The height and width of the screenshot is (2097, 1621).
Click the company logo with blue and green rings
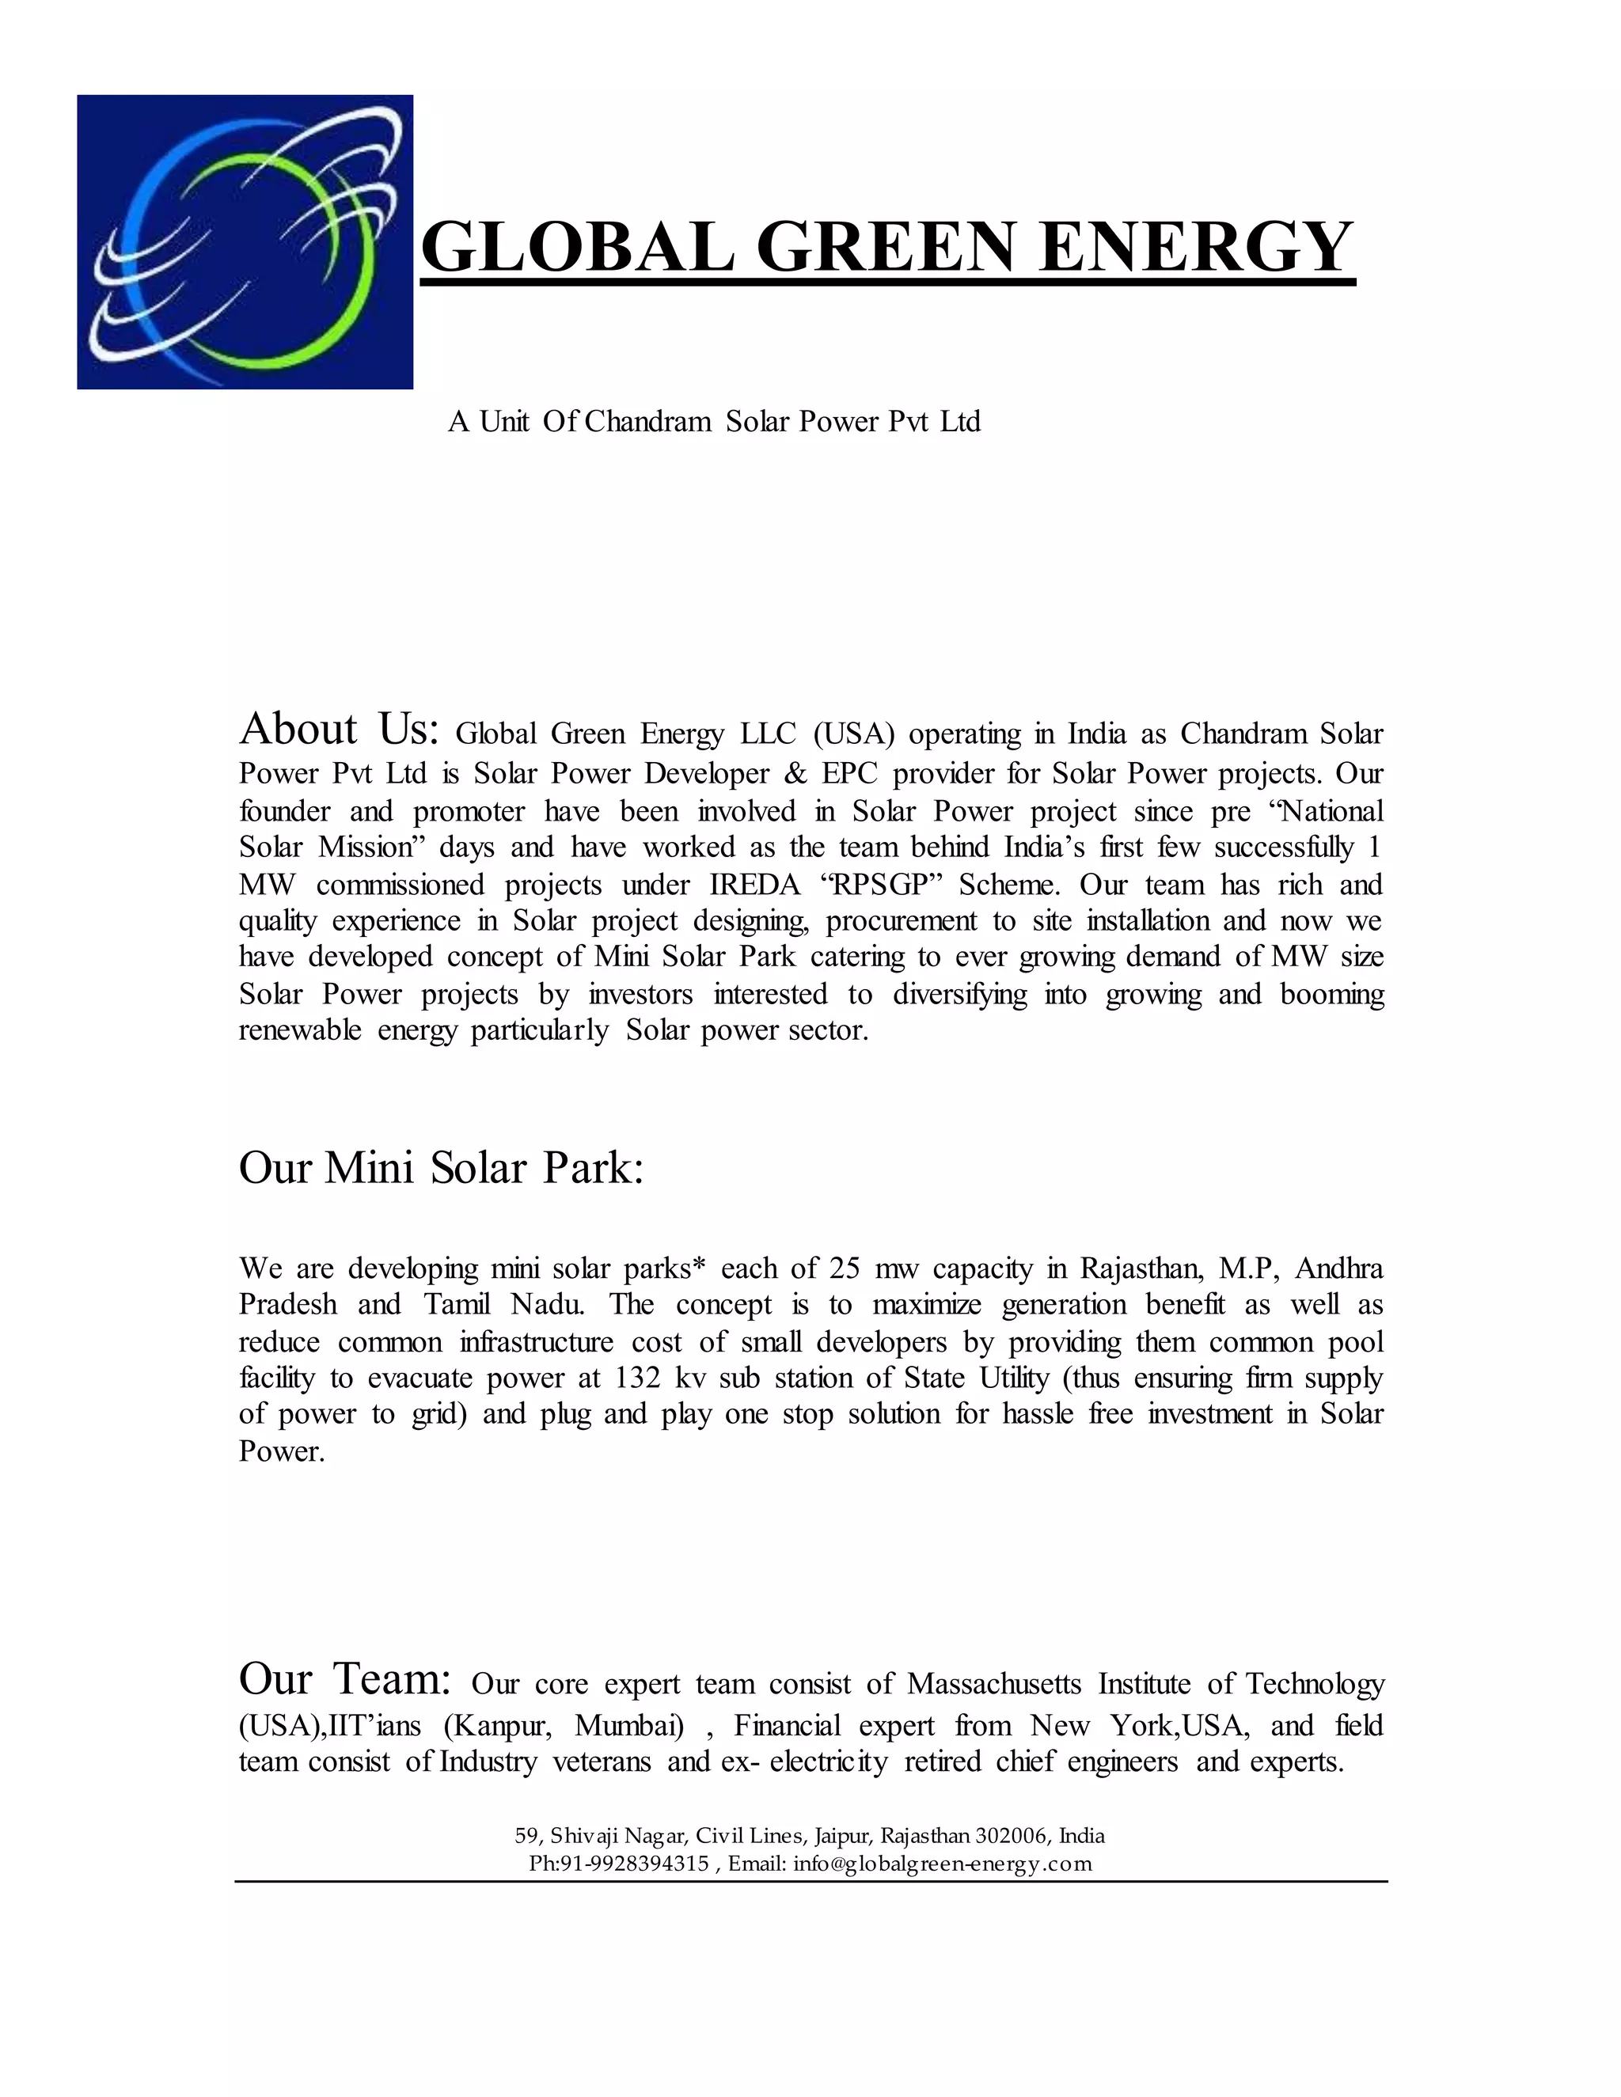pos(245,242)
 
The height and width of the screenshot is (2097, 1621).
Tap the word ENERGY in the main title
pos(1196,248)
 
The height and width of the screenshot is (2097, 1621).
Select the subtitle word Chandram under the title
pos(647,422)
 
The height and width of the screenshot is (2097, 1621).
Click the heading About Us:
pos(339,730)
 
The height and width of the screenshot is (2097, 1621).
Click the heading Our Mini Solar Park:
pos(441,1169)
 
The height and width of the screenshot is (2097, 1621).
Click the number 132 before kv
pos(639,1378)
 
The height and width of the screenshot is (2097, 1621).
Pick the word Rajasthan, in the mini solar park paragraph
pos(1142,1268)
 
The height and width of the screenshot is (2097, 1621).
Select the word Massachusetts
pos(994,1684)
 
